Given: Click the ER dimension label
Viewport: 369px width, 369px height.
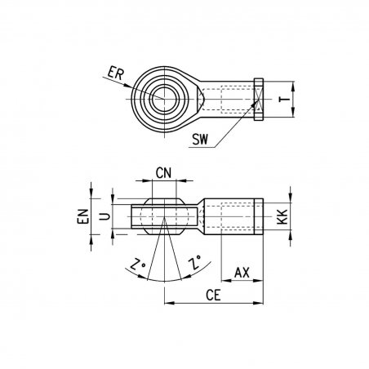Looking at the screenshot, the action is [x=116, y=73].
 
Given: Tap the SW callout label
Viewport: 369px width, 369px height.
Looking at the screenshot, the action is [x=200, y=139].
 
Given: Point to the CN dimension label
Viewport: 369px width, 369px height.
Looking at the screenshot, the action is [x=163, y=173].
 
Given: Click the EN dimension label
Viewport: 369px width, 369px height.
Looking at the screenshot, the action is [x=83, y=216].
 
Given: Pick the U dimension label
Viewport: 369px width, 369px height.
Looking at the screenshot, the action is [x=104, y=216].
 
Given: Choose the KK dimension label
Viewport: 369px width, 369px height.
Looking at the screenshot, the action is [x=282, y=216].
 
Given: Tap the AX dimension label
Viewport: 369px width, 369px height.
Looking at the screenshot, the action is [x=242, y=273].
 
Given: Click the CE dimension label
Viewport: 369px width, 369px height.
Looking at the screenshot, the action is [x=213, y=296].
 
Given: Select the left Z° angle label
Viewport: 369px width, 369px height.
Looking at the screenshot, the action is [x=138, y=264].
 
